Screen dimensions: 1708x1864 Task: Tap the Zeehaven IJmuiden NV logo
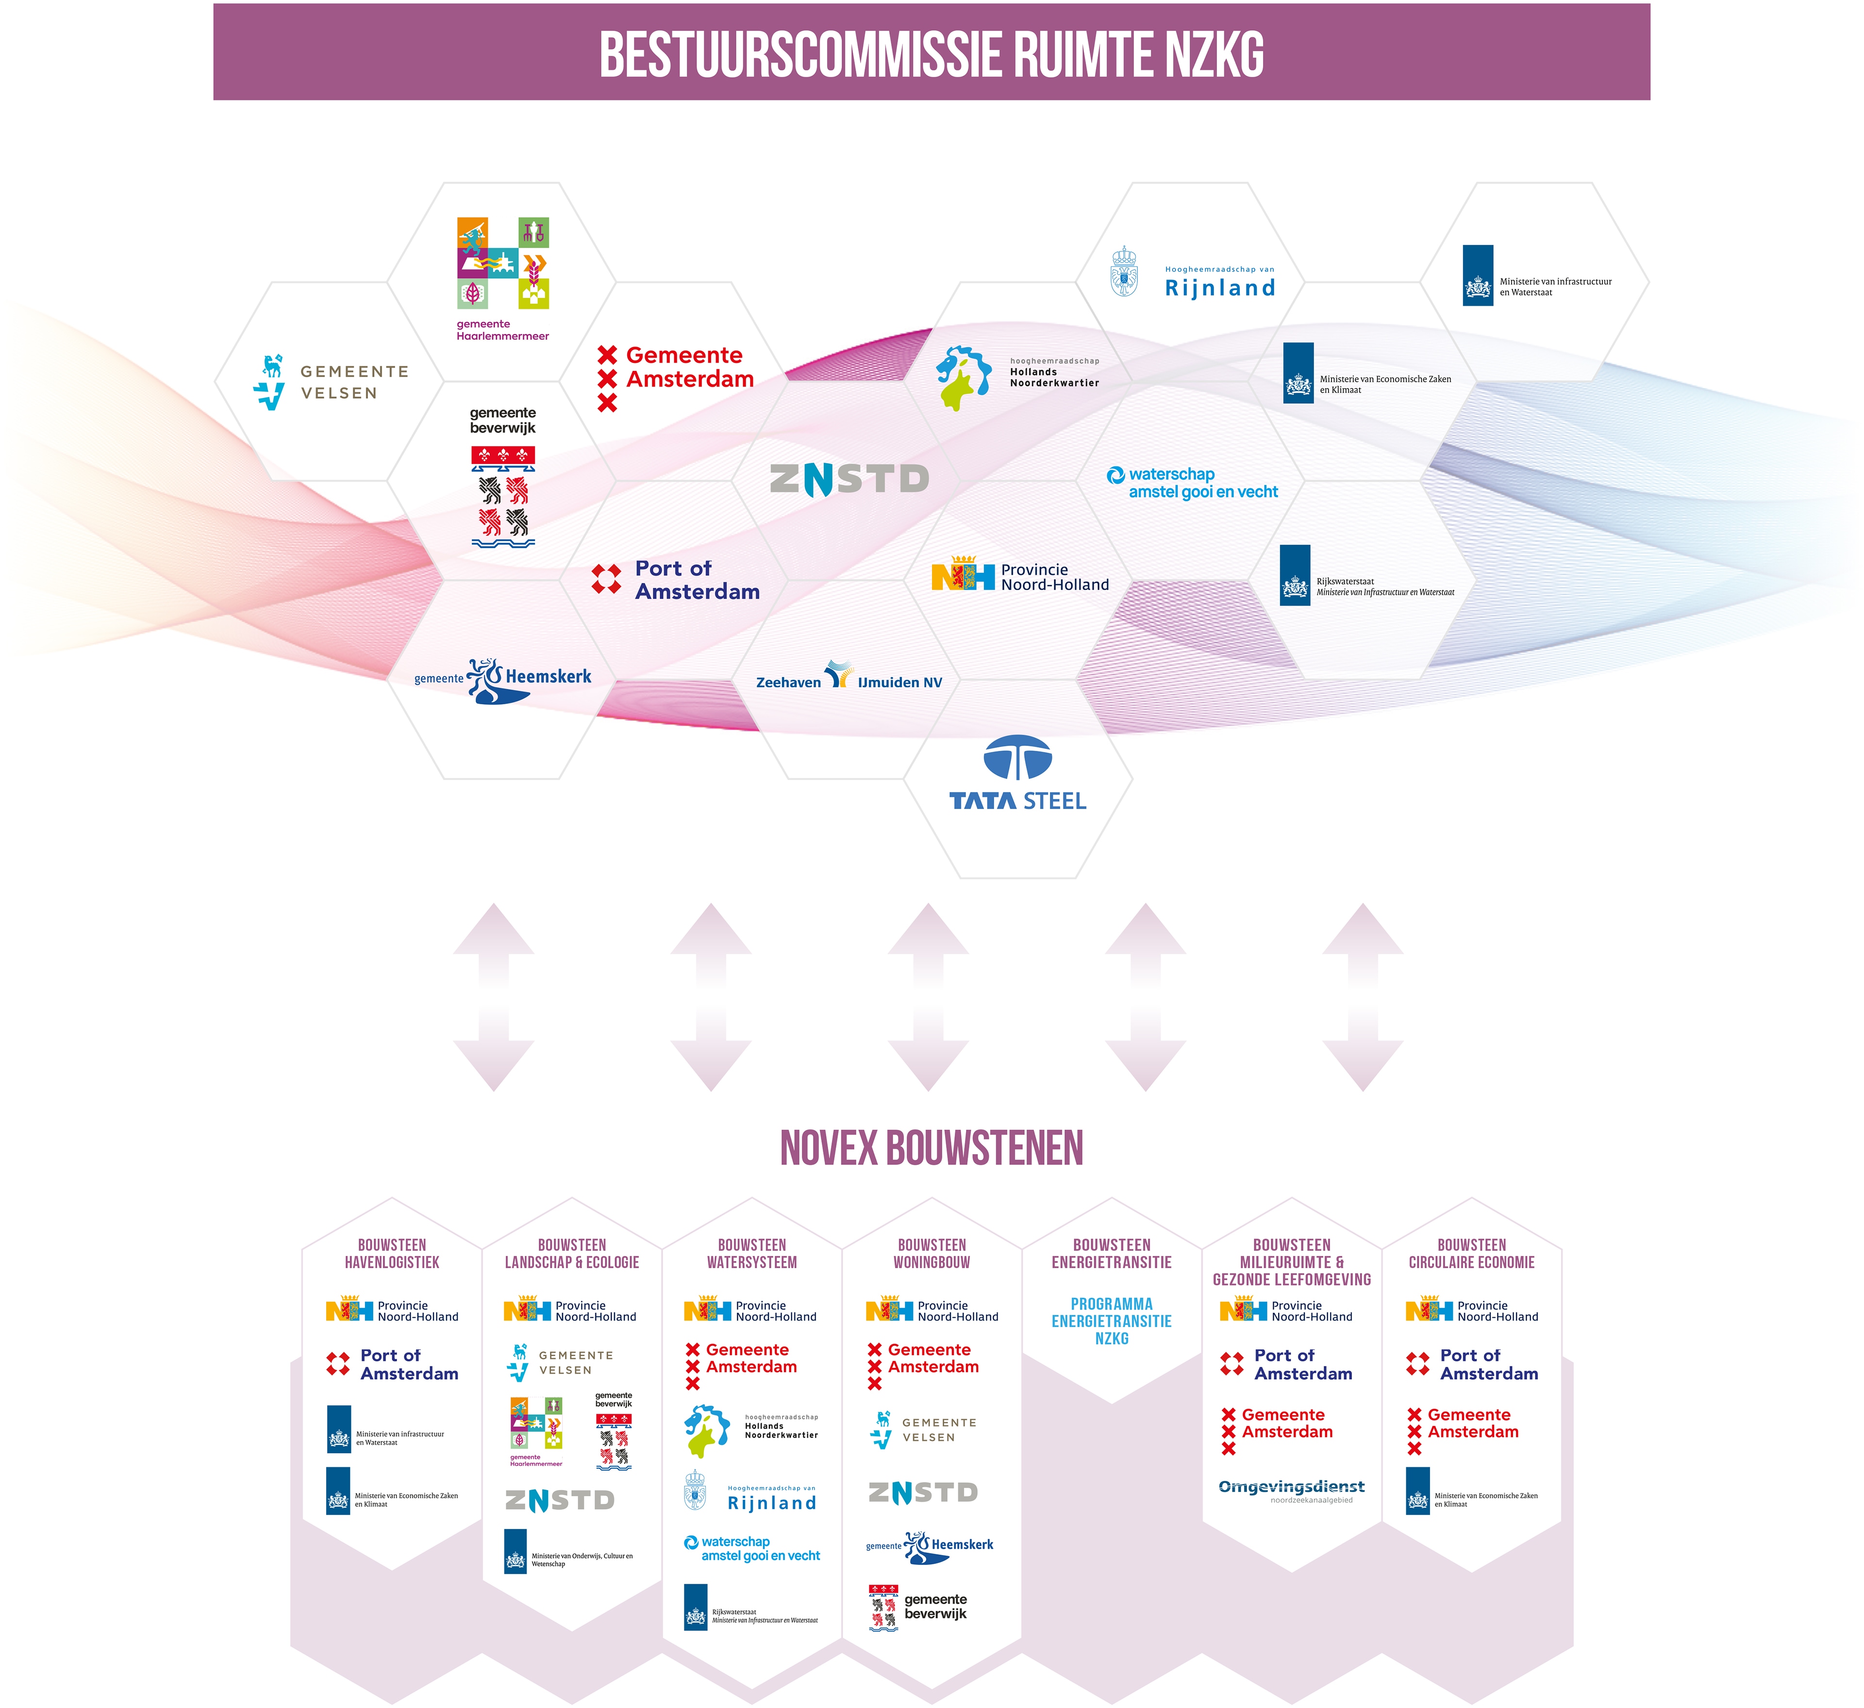849,677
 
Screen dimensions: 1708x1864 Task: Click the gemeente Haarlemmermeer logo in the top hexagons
503,278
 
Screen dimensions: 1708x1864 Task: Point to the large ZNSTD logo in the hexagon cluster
849,479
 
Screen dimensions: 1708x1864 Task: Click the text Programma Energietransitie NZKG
1112,1321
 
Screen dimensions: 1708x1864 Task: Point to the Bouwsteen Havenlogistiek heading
392,1253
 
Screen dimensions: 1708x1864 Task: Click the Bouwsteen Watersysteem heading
752,1253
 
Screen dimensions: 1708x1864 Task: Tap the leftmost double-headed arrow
494,997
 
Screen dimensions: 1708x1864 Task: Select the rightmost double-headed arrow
1363,997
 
